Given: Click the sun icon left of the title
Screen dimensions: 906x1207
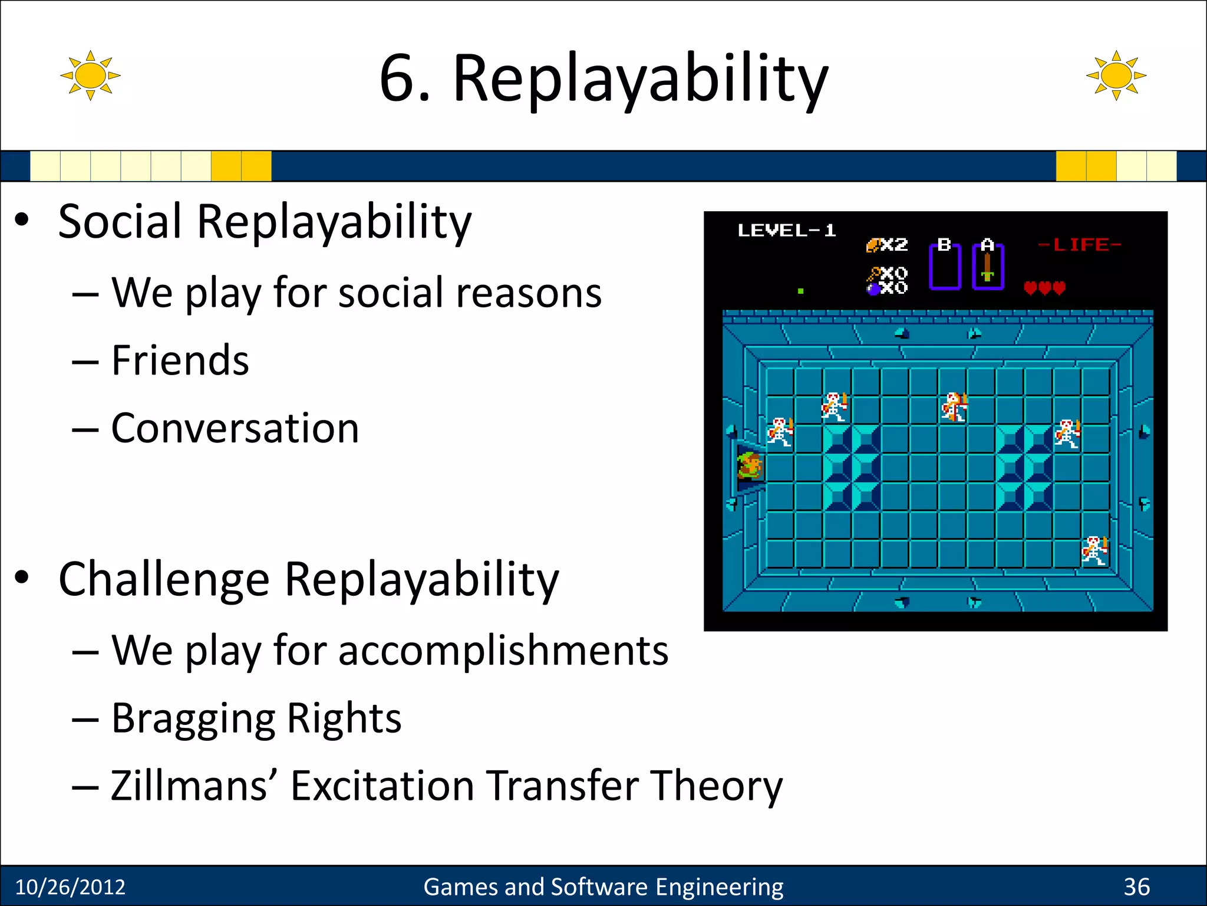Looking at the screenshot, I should point(90,75).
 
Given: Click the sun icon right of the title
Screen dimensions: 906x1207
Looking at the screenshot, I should point(1116,75).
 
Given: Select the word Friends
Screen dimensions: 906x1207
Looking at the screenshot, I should point(180,360).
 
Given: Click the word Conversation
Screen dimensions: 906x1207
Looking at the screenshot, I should point(235,428).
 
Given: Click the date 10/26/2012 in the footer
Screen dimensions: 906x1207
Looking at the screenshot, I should point(70,887).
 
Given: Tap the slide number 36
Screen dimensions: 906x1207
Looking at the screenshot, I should point(1136,887).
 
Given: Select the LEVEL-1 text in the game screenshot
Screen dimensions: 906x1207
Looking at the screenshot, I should point(786,231).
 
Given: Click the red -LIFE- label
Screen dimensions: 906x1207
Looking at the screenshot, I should point(1079,244).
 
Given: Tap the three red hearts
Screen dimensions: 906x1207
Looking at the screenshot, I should point(1044,288).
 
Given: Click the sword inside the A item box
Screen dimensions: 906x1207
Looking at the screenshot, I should point(988,268).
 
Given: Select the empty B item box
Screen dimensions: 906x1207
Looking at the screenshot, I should point(945,269).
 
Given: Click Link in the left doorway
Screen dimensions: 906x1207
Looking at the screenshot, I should point(750,466).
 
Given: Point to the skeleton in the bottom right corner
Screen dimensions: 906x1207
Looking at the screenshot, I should point(1095,550).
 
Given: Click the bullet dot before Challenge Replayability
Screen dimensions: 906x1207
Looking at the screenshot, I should point(22,579).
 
